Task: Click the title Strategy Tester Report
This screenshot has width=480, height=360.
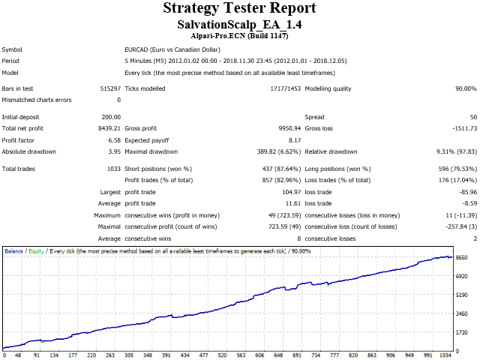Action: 239,8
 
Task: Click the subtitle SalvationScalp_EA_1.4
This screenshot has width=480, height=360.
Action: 239,25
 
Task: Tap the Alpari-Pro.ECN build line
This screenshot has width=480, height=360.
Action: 239,35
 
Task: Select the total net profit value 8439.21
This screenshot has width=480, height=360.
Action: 107,128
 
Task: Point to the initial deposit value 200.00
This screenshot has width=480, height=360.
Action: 110,117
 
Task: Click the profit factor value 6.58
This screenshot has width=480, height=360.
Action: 113,139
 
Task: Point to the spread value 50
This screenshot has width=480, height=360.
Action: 472,117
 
